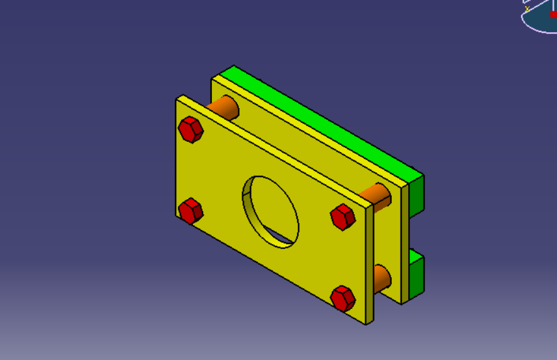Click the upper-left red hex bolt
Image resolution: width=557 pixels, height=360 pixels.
pyautogui.click(x=191, y=130)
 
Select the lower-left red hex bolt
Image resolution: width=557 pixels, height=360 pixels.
pyautogui.click(x=191, y=211)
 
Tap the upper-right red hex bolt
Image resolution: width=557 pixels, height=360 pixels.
pyautogui.click(x=343, y=217)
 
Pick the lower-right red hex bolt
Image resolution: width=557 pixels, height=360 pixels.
pyautogui.click(x=343, y=298)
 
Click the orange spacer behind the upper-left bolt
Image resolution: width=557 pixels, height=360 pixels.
pyautogui.click(x=225, y=107)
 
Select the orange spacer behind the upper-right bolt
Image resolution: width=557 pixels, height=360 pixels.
pyautogui.click(x=377, y=195)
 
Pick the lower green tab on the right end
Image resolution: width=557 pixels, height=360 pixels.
pyautogui.click(x=416, y=275)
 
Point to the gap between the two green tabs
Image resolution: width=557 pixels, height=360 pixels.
pyautogui.click(x=416, y=234)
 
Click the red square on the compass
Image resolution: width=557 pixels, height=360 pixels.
pyautogui.click(x=553, y=15)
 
